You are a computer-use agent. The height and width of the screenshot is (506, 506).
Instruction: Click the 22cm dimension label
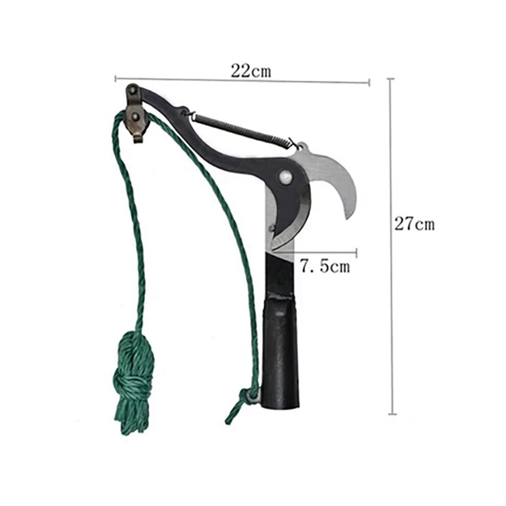click(x=251, y=71)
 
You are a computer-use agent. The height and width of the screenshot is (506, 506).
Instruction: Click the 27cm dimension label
click(x=415, y=224)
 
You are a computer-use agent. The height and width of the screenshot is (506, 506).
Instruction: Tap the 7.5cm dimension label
click(x=325, y=267)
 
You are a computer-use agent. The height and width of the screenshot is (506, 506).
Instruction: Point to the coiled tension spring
click(x=243, y=130)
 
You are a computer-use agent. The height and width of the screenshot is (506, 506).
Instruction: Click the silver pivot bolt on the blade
click(x=286, y=177)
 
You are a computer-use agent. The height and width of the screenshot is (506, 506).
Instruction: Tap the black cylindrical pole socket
click(x=280, y=350)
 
